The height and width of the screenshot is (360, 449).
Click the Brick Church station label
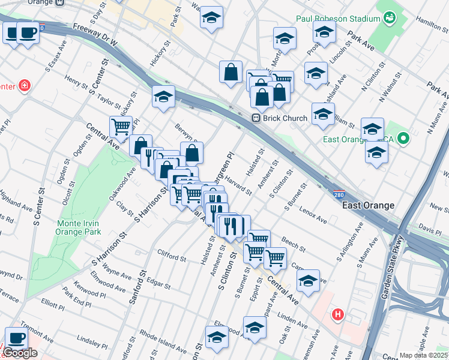tap(286, 118)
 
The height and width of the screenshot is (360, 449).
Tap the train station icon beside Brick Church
tap(256, 118)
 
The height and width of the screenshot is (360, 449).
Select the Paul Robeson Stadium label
tap(336, 18)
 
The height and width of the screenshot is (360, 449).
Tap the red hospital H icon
tap(339, 314)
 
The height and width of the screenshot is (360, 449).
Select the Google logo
tap(20, 353)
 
